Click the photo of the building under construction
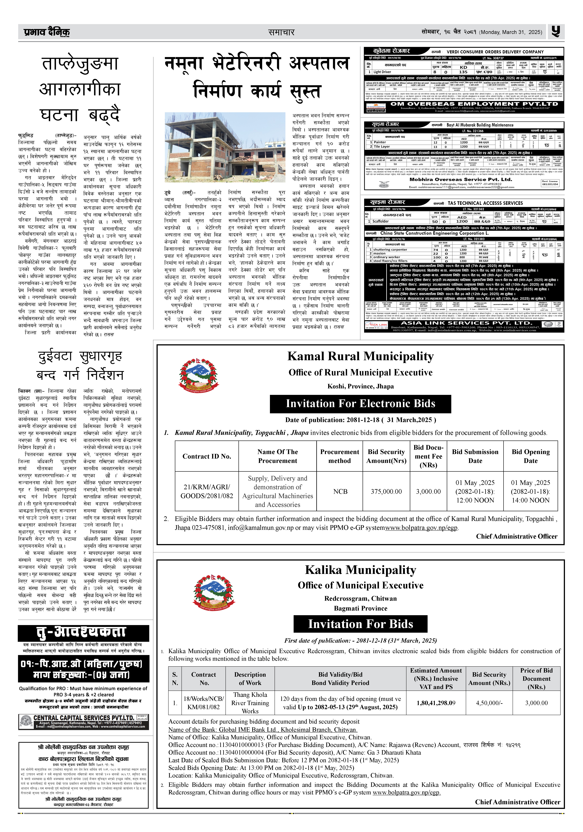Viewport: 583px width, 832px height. (225, 147)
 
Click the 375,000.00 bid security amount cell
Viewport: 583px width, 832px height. (386, 491)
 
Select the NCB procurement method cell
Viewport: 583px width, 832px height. (340, 491)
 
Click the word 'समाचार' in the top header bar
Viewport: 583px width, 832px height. (281, 32)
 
